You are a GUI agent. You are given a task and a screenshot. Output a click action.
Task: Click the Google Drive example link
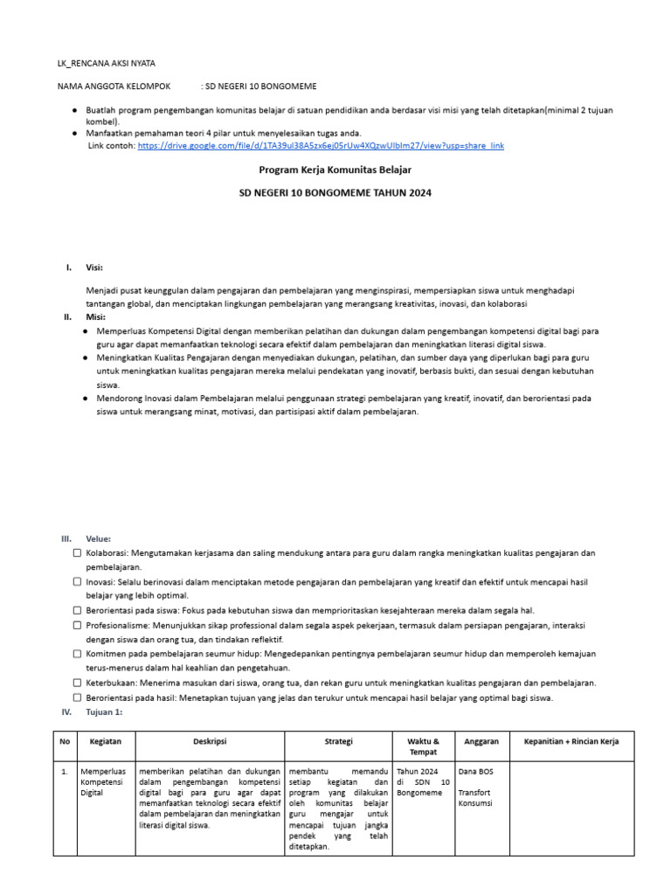pos(321,145)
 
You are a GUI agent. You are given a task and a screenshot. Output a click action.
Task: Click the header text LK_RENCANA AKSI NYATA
pos(107,64)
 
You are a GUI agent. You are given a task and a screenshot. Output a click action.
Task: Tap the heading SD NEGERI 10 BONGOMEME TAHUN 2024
pos(335,192)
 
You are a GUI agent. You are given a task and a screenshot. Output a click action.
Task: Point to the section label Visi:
pos(94,267)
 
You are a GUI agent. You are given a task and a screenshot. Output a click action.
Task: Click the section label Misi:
pos(95,317)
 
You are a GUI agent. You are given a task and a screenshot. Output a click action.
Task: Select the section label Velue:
pos(98,538)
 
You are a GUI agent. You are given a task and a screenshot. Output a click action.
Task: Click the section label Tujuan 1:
pos(104,712)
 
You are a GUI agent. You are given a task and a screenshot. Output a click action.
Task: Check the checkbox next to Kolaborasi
pos(78,553)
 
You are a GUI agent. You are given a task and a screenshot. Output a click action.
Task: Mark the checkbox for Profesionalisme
pos(78,626)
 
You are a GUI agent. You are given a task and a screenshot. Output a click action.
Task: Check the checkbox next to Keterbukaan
pos(78,683)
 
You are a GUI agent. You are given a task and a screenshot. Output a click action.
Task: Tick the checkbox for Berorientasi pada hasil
pos(78,697)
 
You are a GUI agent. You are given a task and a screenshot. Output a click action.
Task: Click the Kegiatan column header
pos(105,741)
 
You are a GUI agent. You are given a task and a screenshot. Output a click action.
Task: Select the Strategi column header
pos(338,741)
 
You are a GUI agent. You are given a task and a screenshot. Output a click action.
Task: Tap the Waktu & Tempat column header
pos(423,746)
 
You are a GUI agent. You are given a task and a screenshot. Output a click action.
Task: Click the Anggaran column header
pos(481,741)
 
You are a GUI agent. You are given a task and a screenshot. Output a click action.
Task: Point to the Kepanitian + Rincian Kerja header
pos(583,741)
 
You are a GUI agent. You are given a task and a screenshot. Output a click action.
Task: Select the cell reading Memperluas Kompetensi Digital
pos(104,783)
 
